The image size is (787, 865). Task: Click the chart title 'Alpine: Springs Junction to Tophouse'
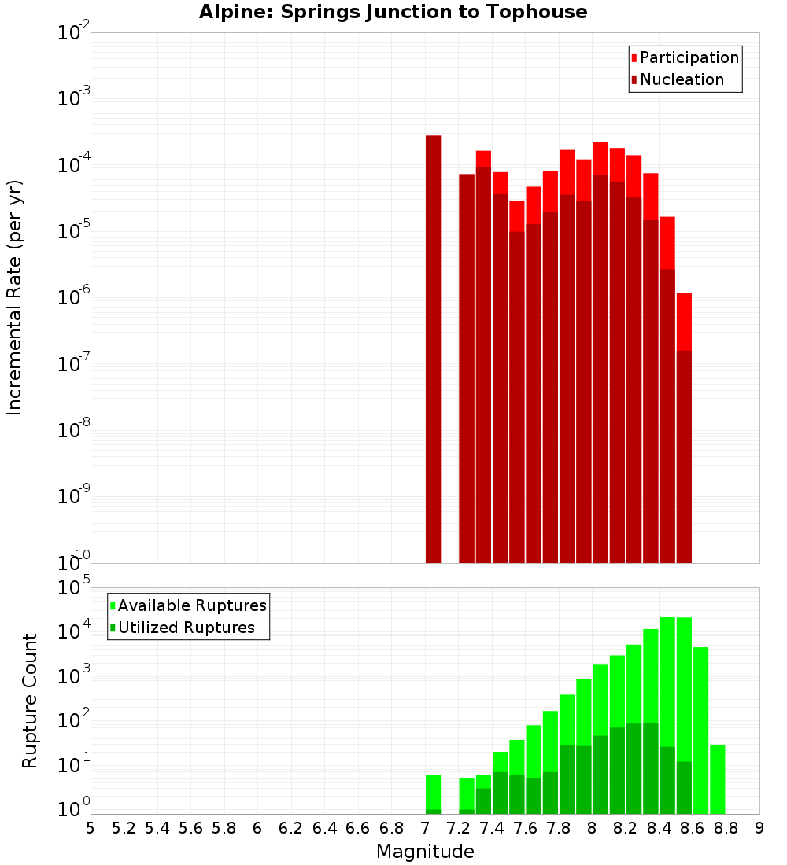point(393,12)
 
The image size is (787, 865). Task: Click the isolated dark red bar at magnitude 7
point(433,346)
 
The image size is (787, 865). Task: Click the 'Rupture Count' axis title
point(30,701)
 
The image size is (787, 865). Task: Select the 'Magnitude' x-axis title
point(425,852)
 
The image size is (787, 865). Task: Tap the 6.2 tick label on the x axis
point(290,828)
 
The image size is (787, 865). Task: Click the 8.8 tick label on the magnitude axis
point(726,828)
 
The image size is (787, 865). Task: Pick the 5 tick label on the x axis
point(91,828)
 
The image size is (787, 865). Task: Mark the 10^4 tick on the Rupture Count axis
point(75,631)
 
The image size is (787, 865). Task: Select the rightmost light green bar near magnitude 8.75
point(718,778)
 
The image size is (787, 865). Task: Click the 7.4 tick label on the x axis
point(491,828)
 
